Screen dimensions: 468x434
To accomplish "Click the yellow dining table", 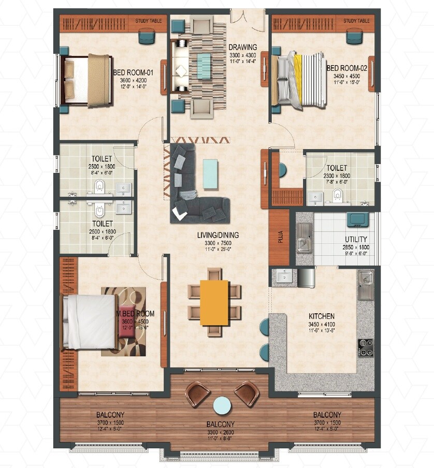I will pos(214,302).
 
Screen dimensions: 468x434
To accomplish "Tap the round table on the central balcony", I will pos(222,405).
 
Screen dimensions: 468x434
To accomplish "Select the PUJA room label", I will pos(280,238).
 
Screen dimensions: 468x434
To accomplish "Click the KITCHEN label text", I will pos(321,316).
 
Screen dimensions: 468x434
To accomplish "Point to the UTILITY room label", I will pos(356,240).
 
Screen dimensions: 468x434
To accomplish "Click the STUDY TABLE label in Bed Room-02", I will pos(357,21).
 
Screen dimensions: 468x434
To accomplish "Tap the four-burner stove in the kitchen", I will pos(366,347).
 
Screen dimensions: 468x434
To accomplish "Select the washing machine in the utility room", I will pos(357,219).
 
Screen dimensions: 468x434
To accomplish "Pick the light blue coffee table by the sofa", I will pos(210,174).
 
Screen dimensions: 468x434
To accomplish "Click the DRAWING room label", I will pos(243,48).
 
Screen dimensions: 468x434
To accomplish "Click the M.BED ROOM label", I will pos(135,314).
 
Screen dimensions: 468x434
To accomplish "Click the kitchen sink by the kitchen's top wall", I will pos(365,284).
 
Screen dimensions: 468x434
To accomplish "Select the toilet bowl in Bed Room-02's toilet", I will pos(338,194).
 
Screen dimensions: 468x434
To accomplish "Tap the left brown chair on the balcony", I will pos(198,393).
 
